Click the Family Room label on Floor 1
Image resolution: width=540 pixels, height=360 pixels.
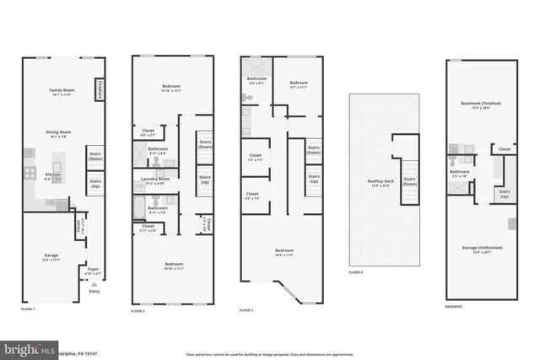pyautogui.click(x=62, y=91)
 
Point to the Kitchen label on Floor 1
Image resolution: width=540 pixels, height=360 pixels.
pyautogui.click(x=52, y=176)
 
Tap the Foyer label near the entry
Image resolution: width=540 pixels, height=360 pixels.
pyautogui.click(x=94, y=271)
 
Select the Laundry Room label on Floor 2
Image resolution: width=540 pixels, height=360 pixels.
pyautogui.click(x=159, y=180)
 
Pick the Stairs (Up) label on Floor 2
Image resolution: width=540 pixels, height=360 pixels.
pyautogui.click(x=204, y=178)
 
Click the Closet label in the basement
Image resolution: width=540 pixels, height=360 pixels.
pyautogui.click(x=504, y=149)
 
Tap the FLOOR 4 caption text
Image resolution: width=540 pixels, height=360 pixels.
pyautogui.click(x=355, y=272)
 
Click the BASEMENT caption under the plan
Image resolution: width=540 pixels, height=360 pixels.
pyautogui.click(x=453, y=307)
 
